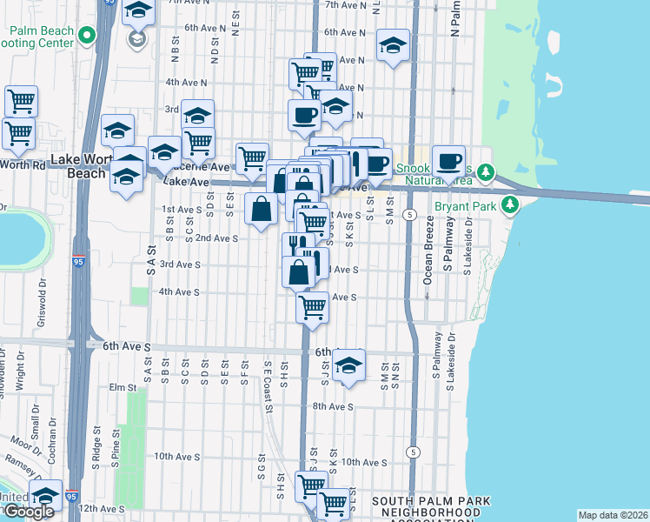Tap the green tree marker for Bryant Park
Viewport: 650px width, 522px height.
pyautogui.click(x=511, y=205)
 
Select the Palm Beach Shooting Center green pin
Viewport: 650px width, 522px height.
pyautogui.click(x=85, y=36)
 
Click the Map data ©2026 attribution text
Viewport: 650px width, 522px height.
pyautogui.click(x=613, y=515)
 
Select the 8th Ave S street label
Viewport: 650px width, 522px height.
pyautogui.click(x=332, y=406)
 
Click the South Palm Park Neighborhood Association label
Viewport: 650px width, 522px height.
pyautogui.click(x=431, y=508)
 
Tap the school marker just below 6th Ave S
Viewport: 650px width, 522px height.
pyautogui.click(x=348, y=365)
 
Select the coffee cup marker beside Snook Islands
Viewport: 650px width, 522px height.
pyautogui.click(x=448, y=160)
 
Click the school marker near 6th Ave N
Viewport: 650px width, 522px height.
pyautogui.click(x=393, y=45)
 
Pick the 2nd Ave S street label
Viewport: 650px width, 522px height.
pyautogui.click(x=216, y=238)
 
